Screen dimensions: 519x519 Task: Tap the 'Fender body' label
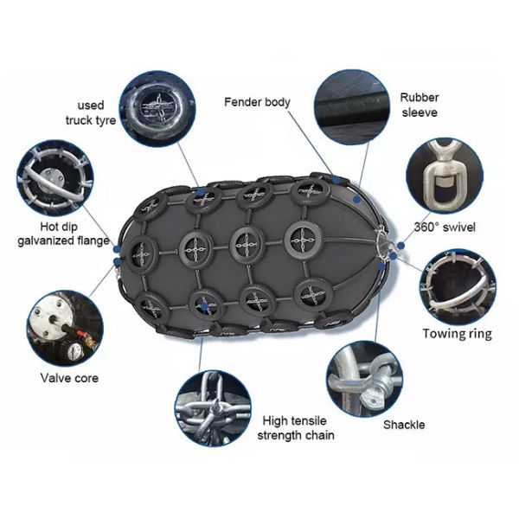pos(257,102)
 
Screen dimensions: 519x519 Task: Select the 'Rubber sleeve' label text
pos(420,105)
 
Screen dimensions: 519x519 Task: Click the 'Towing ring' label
pos(456,333)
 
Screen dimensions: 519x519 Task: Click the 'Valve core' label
pos(69,377)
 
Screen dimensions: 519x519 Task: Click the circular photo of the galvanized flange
pos(54,179)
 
